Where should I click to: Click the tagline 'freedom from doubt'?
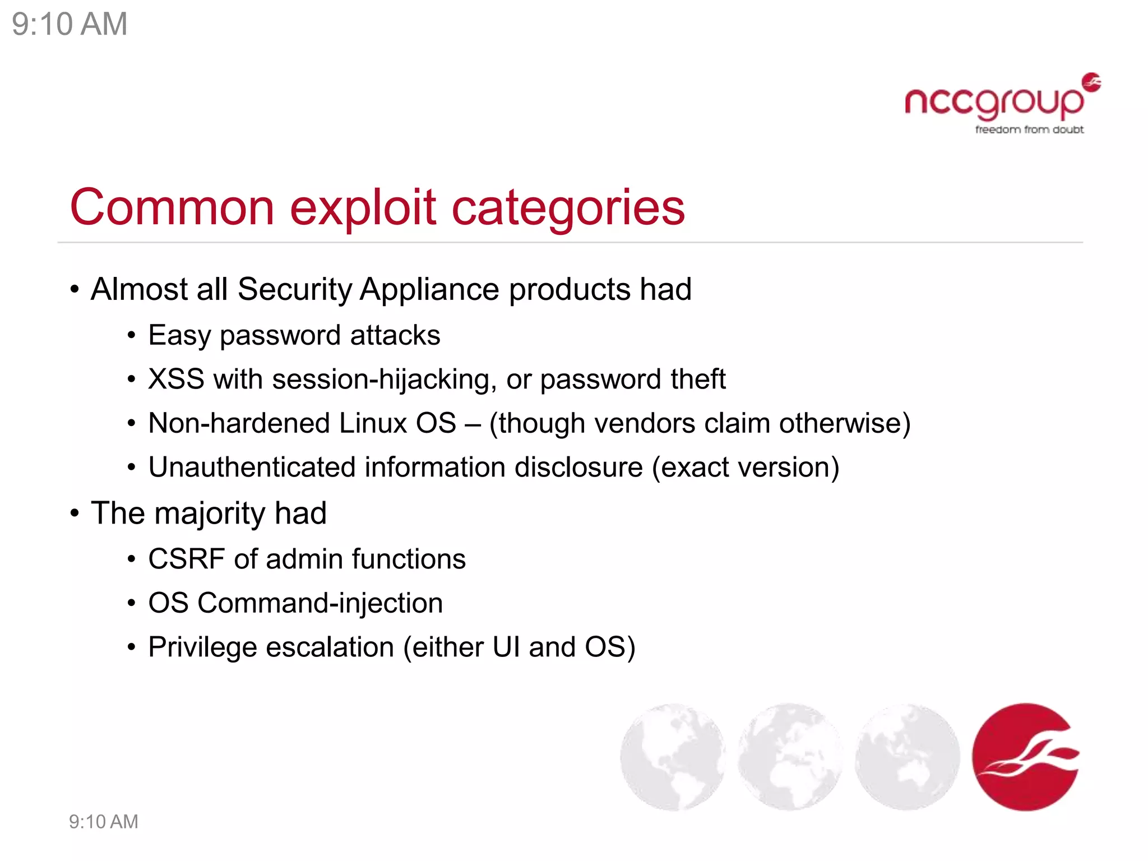coord(1029,130)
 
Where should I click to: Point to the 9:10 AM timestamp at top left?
coord(70,24)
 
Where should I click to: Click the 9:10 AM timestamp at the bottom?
coord(103,822)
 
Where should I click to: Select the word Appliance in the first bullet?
coord(429,289)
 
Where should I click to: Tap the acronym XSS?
coord(176,379)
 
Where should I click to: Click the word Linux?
coord(373,423)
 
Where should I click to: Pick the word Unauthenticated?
coord(252,467)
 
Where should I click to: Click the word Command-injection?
coord(320,603)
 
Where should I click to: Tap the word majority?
coord(209,513)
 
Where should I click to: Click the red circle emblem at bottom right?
coord(1025,757)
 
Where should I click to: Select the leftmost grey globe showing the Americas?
coord(673,757)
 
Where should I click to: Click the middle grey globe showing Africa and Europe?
coord(790,757)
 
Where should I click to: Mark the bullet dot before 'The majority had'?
coord(75,513)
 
